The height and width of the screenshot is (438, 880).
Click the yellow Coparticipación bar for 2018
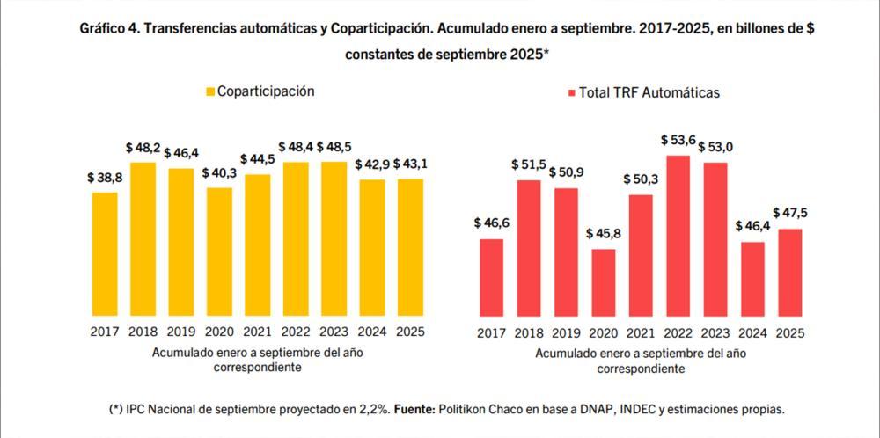pos(143,239)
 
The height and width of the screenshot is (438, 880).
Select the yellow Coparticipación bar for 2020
pos(220,252)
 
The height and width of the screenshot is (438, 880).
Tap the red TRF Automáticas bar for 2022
pos(678,236)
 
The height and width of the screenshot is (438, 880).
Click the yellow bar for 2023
pos(334,238)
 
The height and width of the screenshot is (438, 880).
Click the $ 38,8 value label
pos(105,177)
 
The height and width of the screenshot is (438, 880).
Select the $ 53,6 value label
pos(678,141)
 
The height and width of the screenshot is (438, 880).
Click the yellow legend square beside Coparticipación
pos(209,91)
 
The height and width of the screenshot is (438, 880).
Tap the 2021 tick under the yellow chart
pos(258,332)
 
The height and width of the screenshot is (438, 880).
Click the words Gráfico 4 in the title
pos(107,29)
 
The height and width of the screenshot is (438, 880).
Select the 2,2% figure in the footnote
pos(369,410)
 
